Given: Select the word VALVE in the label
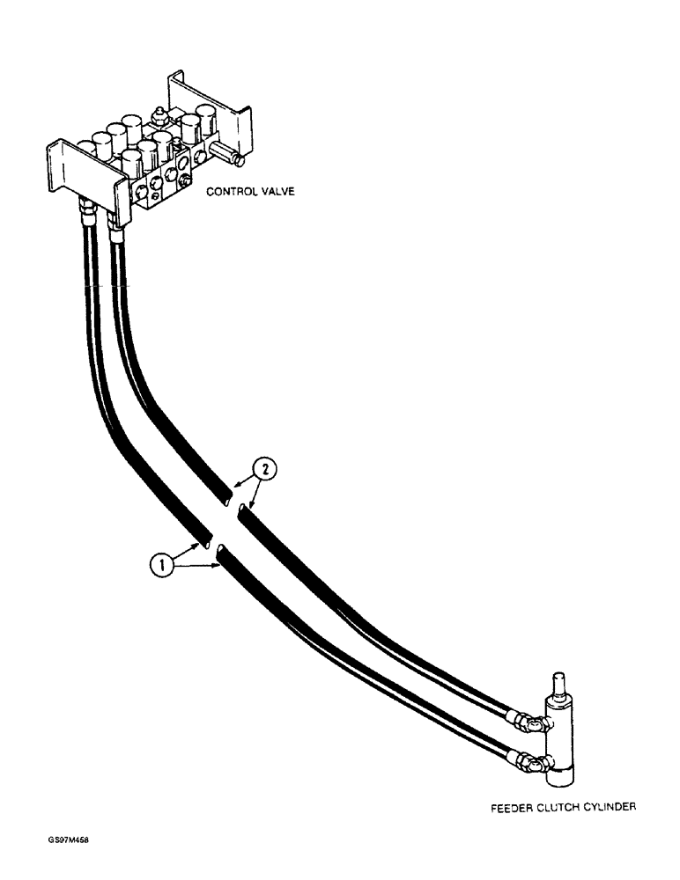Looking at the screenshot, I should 283,191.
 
